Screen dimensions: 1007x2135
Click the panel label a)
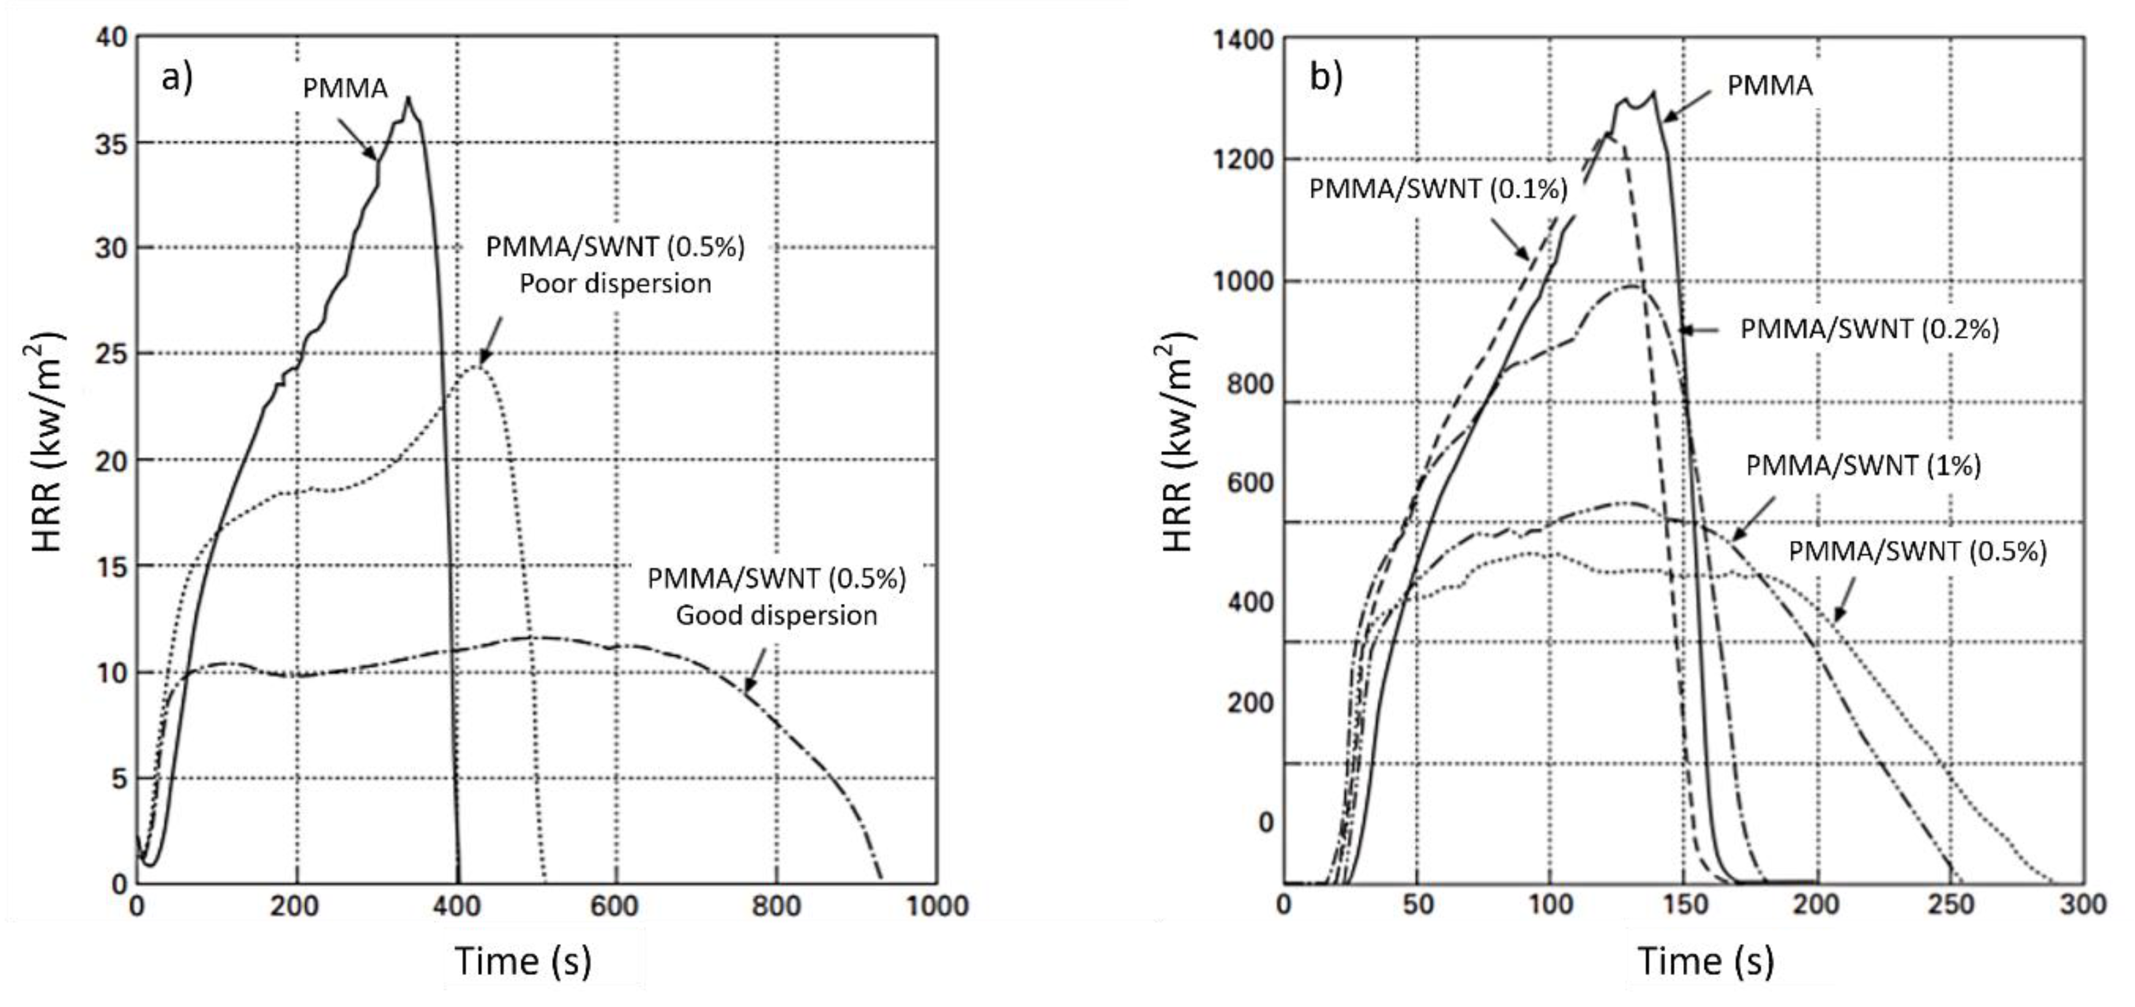coord(176,78)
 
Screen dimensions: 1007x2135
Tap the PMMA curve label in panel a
coord(345,88)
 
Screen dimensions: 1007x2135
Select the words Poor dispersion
coord(615,283)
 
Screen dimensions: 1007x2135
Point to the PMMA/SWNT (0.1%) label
coord(1438,189)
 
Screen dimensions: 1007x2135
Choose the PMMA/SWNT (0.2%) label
coord(1869,329)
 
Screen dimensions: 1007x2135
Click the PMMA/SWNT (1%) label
coord(1863,465)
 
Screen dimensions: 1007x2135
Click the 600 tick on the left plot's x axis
coord(614,906)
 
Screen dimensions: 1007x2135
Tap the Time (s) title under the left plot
coord(523,961)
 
